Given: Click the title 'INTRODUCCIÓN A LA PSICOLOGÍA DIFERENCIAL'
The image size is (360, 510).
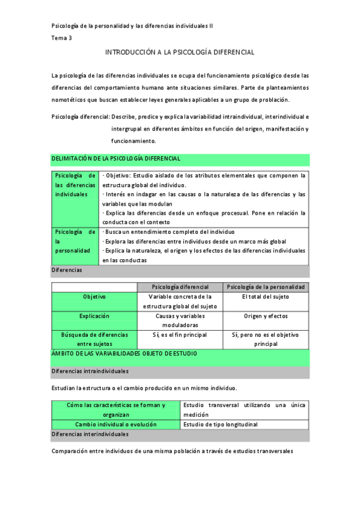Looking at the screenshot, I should point(180,52).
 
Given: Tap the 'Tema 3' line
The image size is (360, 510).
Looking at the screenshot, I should point(61,38).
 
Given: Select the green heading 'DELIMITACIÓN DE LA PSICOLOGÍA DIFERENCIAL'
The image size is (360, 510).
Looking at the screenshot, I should point(116,158).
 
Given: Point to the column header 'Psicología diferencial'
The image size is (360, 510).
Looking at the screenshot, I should point(180,287).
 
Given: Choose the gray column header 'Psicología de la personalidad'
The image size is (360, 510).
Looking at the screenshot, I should point(266,287).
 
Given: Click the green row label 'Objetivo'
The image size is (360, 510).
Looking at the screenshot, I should point(94,297).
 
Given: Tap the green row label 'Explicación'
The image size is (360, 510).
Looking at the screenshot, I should point(94,316).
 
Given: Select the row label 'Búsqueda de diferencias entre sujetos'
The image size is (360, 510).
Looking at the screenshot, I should point(94,339).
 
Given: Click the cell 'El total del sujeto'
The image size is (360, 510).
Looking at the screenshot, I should point(266,297).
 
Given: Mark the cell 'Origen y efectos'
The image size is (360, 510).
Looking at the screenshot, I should point(266,316).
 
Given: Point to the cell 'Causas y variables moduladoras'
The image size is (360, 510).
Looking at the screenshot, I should point(180,320).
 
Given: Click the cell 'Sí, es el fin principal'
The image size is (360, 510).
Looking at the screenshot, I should point(180,335).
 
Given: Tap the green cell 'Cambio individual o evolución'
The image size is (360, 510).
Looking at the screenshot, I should point(116,424).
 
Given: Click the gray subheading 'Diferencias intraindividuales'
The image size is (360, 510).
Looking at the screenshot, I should point(90,372).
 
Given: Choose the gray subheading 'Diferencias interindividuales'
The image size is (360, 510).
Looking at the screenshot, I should point(90,434).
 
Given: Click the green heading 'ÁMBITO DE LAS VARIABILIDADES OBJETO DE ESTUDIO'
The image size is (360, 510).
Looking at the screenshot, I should point(124,354).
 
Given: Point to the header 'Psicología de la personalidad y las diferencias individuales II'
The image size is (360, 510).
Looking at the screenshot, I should point(132,26).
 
